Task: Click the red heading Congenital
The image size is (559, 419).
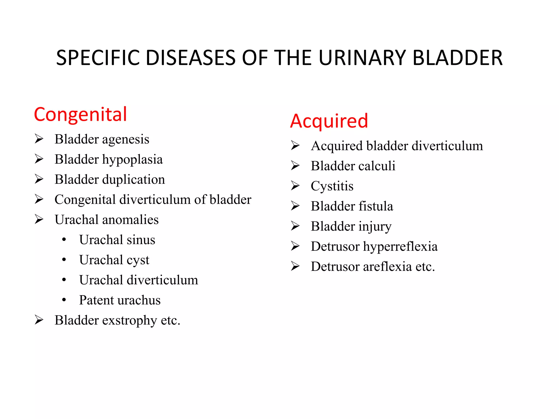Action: (x=81, y=115)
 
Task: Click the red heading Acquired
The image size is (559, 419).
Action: (x=329, y=121)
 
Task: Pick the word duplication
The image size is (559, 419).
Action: (x=133, y=179)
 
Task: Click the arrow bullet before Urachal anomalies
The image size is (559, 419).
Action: (x=39, y=219)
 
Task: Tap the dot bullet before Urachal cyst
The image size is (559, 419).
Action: (x=64, y=260)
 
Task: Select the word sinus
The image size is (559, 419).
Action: (x=141, y=240)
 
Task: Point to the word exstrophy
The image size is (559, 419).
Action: (x=129, y=321)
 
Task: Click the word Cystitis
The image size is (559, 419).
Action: (x=332, y=186)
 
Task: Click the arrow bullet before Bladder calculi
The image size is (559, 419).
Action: (x=295, y=166)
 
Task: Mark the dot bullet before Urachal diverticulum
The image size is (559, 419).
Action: (x=64, y=280)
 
